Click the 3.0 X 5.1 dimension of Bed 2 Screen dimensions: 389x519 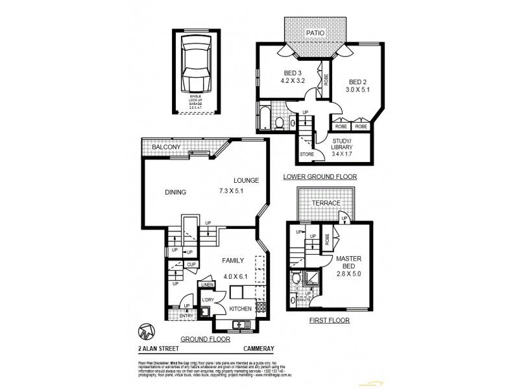(x=358, y=90)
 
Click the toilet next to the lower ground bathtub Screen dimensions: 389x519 (x=278, y=121)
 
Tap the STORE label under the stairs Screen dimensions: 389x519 (x=307, y=154)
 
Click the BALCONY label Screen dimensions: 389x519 (x=166, y=148)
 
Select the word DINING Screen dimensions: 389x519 (x=175, y=192)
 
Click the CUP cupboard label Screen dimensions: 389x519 (x=191, y=265)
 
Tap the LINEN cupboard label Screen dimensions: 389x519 (x=207, y=285)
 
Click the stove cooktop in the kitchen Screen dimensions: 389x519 (x=261, y=307)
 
